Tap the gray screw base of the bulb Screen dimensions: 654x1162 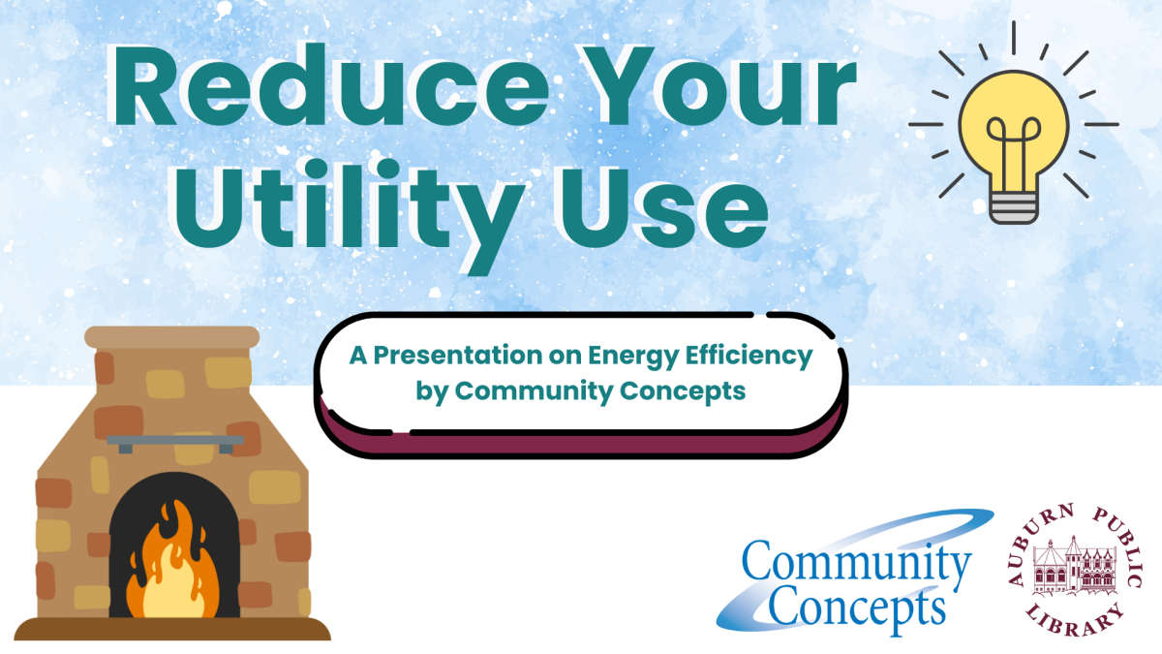1013,204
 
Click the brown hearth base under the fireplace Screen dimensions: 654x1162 172,629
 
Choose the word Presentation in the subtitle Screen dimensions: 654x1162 462,357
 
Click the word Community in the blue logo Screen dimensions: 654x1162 857,565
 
